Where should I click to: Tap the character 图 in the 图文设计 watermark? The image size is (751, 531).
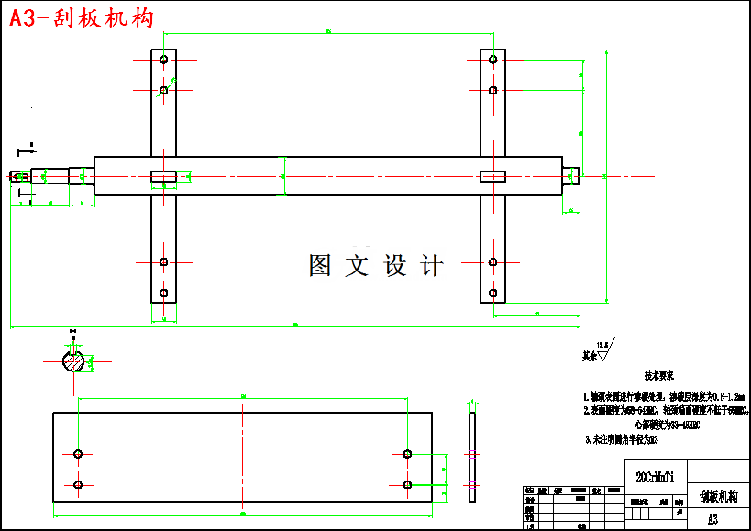coord(321,266)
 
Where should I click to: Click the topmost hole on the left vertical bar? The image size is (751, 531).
coord(163,60)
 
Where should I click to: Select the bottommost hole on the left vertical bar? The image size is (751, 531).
coord(163,293)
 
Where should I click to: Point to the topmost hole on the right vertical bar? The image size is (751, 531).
coord(492,60)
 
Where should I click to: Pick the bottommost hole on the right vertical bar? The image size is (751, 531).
coord(492,293)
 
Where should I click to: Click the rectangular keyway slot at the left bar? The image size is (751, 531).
coord(163,176)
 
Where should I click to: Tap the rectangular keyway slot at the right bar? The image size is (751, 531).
coord(492,176)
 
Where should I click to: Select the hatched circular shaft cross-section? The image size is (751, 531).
coord(73,361)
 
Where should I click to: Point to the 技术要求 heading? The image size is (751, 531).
coord(657,376)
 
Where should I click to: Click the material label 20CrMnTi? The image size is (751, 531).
coord(655,477)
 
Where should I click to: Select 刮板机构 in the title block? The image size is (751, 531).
coord(718,497)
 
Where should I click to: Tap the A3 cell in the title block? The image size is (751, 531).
coord(712,518)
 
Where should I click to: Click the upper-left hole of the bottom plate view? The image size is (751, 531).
coord(78,454)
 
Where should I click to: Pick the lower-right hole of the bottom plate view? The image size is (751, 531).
coord(407,484)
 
